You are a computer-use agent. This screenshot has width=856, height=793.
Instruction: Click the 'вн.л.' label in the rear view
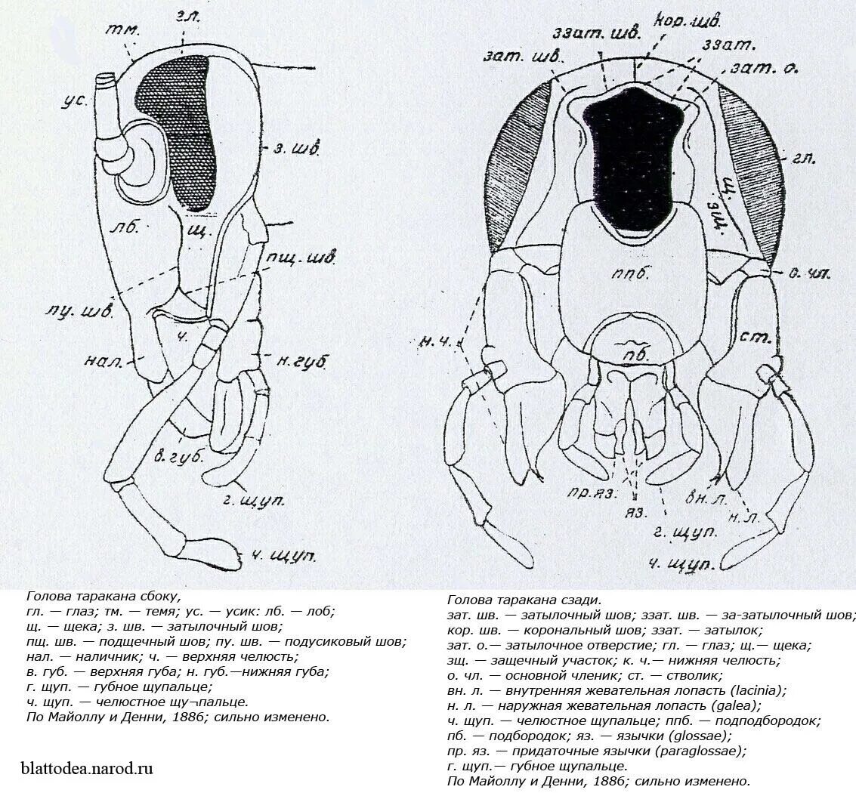coord(703,497)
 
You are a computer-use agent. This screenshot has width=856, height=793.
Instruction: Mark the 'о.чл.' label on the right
coord(812,274)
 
